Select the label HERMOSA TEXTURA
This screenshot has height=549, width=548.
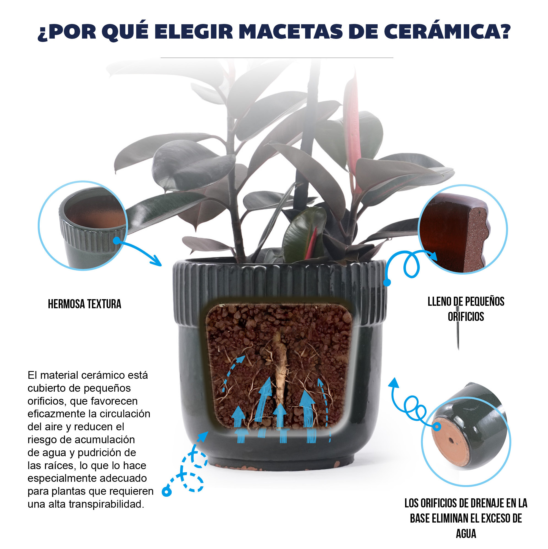tap(84, 304)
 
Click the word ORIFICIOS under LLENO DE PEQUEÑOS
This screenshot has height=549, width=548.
tap(466, 317)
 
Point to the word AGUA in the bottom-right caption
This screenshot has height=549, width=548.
tap(466, 534)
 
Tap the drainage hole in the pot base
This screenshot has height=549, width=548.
tap(451, 441)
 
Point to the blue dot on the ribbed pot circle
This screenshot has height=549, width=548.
tap(117, 240)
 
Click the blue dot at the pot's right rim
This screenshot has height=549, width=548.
tap(387, 282)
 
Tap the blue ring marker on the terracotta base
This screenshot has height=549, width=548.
tap(437, 426)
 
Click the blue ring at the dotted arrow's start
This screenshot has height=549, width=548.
tap(167, 492)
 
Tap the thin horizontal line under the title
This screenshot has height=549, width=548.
tap(277, 58)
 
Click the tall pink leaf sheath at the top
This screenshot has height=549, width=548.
tap(352, 134)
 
